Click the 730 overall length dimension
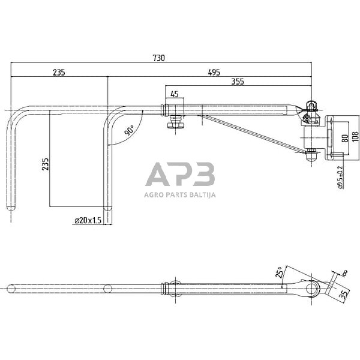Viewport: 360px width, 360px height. pyautogui.click(x=159, y=58)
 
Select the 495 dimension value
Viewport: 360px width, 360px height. pyautogui.click(x=214, y=73)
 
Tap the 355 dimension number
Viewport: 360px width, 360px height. pyautogui.click(x=238, y=82)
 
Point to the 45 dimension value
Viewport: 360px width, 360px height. pyautogui.click(x=175, y=94)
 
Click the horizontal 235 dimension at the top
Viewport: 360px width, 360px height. pyautogui.click(x=59, y=73)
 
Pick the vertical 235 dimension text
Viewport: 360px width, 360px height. pyautogui.click(x=46, y=164)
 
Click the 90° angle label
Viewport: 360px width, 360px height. pyautogui.click(x=129, y=130)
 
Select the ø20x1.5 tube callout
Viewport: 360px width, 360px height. pyautogui.click(x=88, y=221)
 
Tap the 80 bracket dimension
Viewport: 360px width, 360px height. pyautogui.click(x=345, y=139)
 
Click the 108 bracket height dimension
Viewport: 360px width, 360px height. pyautogui.click(x=355, y=137)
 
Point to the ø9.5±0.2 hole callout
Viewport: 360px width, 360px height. pyautogui.click(x=340, y=177)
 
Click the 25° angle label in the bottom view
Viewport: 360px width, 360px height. pyautogui.click(x=280, y=272)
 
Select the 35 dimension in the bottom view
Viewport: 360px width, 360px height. pyautogui.click(x=344, y=294)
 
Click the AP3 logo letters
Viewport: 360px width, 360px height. pyautogui.click(x=180, y=174)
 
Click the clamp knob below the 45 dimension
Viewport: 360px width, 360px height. pyautogui.click(x=175, y=123)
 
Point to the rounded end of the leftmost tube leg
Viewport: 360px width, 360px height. pyautogui.click(x=11, y=208)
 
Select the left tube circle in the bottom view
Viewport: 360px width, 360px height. pyautogui.click(x=11, y=289)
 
